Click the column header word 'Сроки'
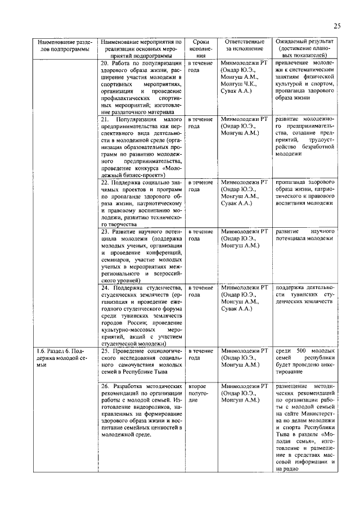(201, 42)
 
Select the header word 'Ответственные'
(244, 42)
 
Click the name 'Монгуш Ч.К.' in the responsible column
(239, 83)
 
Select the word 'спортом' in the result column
(322, 83)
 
